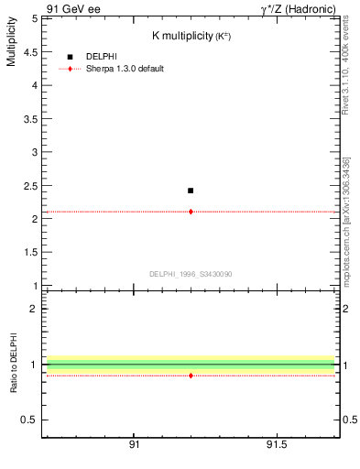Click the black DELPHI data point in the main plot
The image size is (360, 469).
[191, 191]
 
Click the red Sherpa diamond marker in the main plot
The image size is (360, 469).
[191, 212]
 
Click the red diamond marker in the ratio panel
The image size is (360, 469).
[191, 376]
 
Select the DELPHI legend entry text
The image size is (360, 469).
[102, 57]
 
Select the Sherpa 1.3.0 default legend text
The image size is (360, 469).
[125, 69]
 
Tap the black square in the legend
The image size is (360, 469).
[70, 57]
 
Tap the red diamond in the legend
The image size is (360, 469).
[70, 69]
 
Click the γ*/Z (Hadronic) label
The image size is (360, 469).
[299, 8]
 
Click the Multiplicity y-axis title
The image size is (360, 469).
[12, 46]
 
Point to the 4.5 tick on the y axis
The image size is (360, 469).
[31, 51]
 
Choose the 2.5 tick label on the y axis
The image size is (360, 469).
[31, 186]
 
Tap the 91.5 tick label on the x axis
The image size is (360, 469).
[276, 445]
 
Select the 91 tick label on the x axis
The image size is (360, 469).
[135, 445]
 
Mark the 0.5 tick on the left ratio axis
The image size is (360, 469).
[31, 420]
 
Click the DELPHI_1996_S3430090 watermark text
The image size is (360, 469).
[191, 274]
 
